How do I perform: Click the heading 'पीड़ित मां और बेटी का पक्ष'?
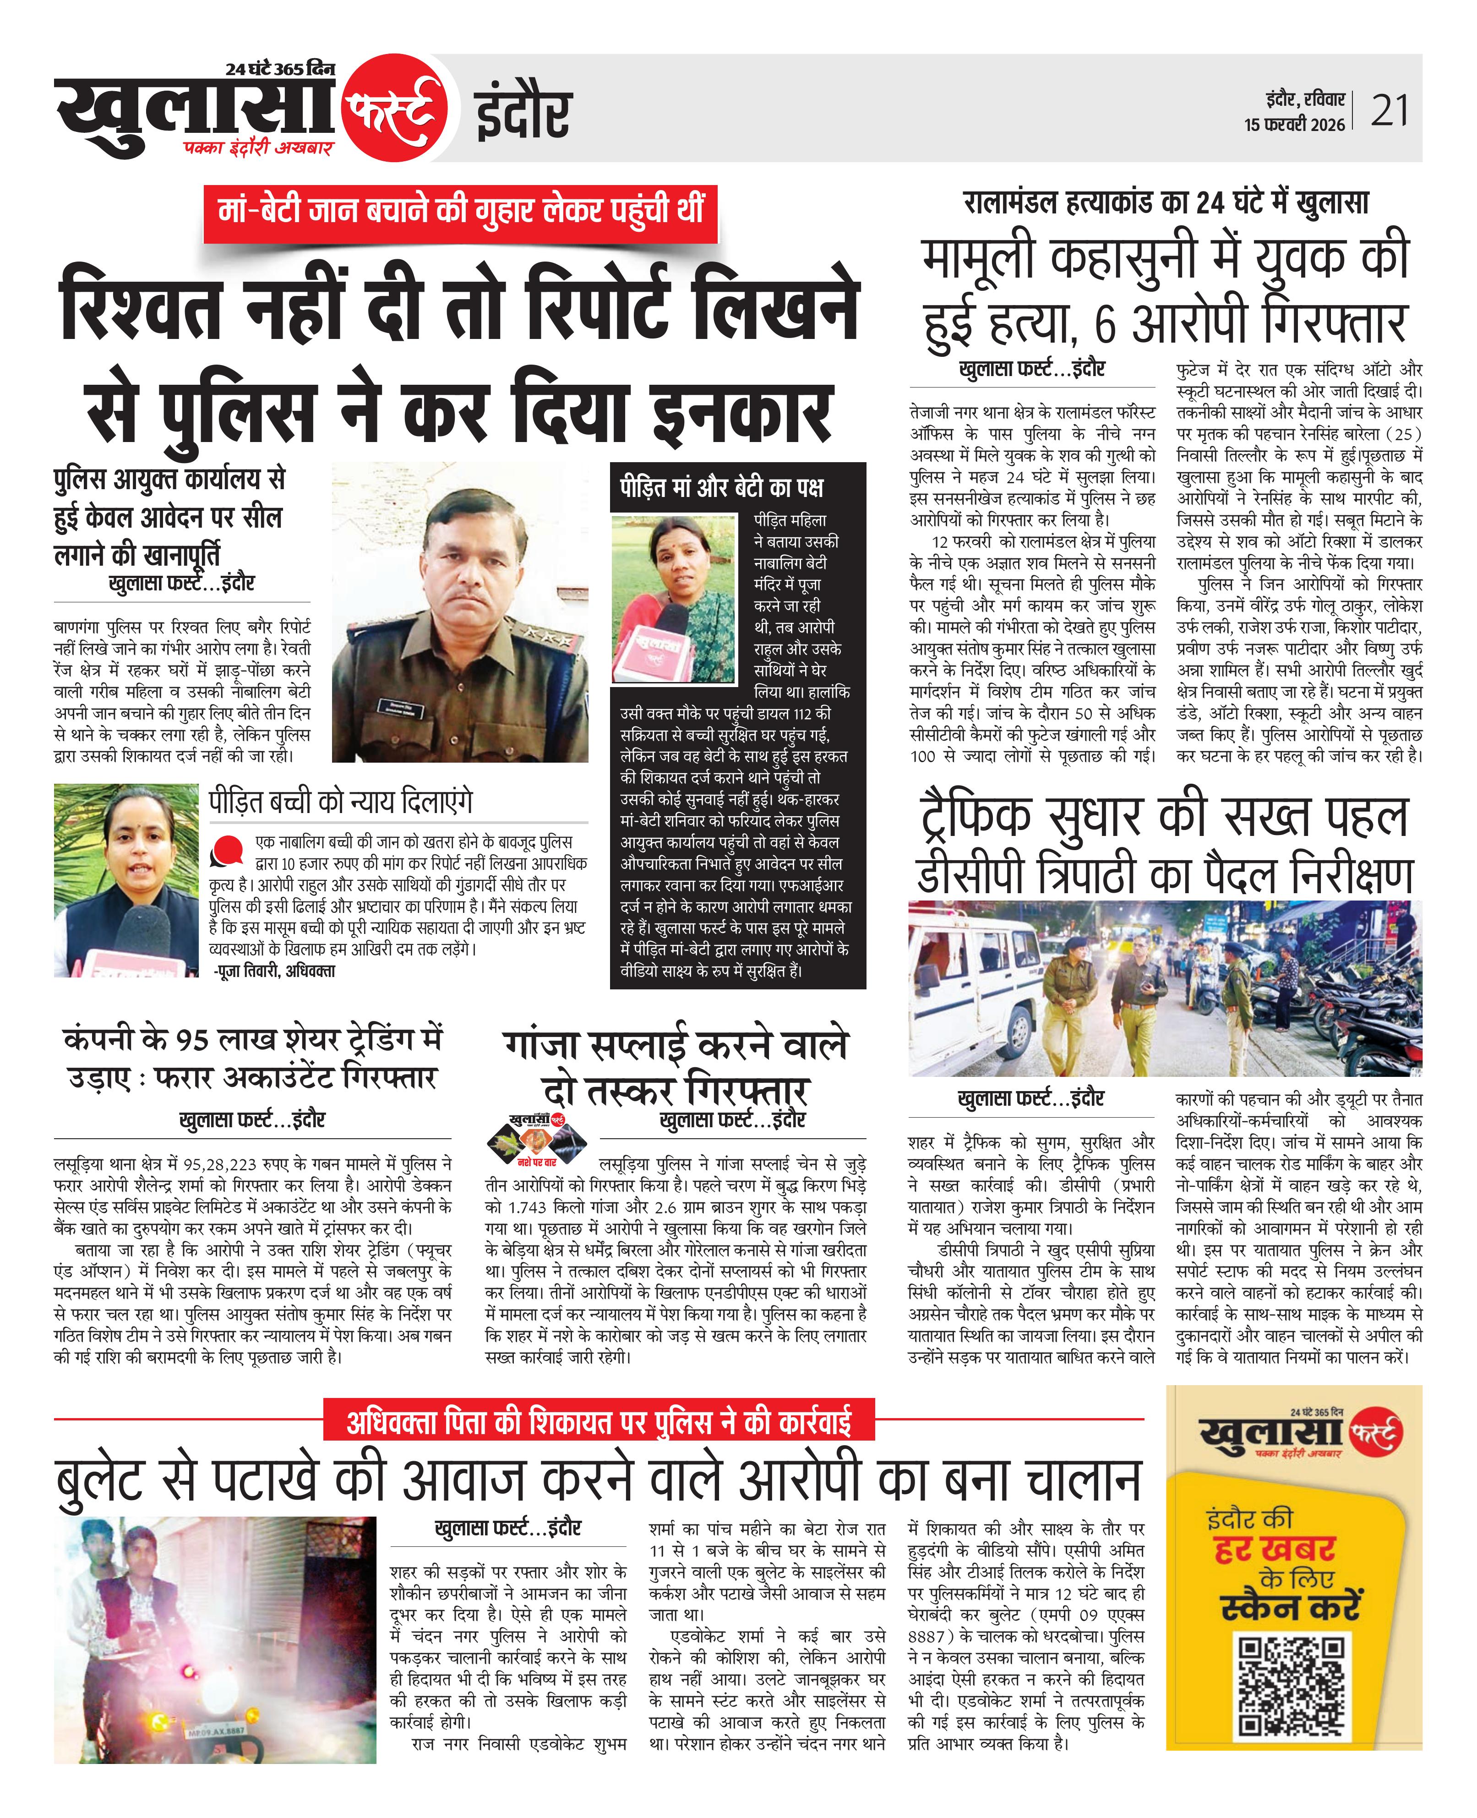click(721, 487)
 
